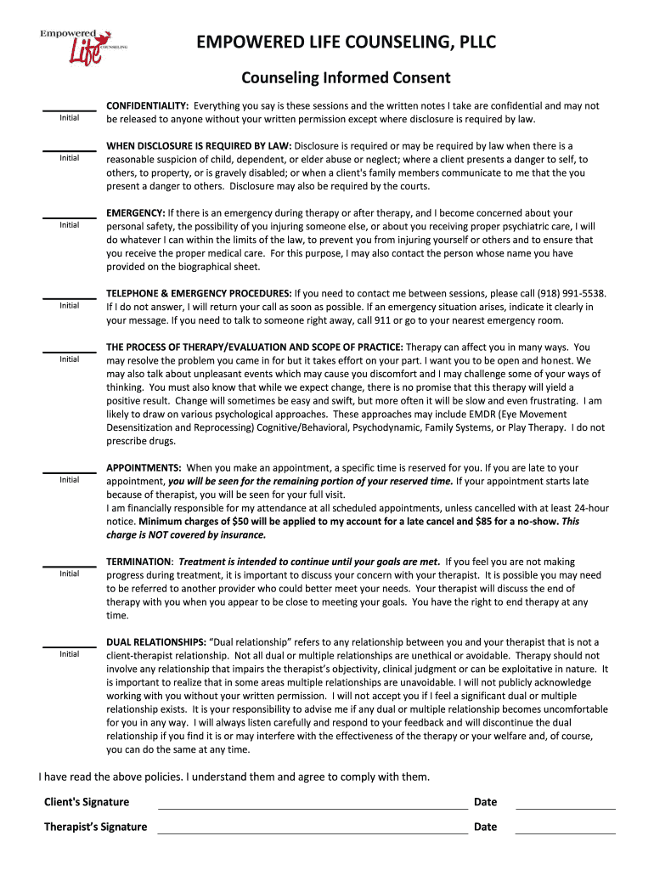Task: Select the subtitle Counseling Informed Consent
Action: (x=346, y=78)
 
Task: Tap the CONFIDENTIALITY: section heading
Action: (x=147, y=106)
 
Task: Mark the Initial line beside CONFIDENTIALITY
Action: (x=70, y=110)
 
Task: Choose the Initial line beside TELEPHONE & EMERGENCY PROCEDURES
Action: (x=70, y=298)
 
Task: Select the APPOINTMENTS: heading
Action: (x=144, y=468)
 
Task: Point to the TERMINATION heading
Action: (x=139, y=562)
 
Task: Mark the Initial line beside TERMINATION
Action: (x=70, y=567)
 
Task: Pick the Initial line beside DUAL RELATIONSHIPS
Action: (x=70, y=647)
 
